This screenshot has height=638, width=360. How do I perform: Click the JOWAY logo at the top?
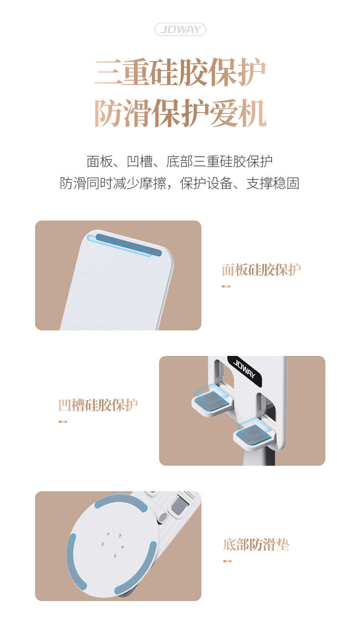(x=180, y=29)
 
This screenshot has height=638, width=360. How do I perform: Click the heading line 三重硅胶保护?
(x=180, y=72)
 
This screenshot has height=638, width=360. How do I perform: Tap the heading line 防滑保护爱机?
(x=180, y=113)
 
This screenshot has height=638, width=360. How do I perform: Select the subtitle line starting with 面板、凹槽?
(x=180, y=161)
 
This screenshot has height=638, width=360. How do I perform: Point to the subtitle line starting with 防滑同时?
(x=180, y=183)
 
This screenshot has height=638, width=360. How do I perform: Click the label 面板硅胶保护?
(x=261, y=269)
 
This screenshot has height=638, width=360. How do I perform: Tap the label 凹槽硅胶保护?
(x=98, y=405)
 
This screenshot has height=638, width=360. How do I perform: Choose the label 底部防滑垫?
(x=256, y=544)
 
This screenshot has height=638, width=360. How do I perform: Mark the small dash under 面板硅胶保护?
(x=226, y=286)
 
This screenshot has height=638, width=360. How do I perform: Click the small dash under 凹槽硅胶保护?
(x=63, y=422)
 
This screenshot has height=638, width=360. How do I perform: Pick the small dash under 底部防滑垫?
(x=227, y=561)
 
